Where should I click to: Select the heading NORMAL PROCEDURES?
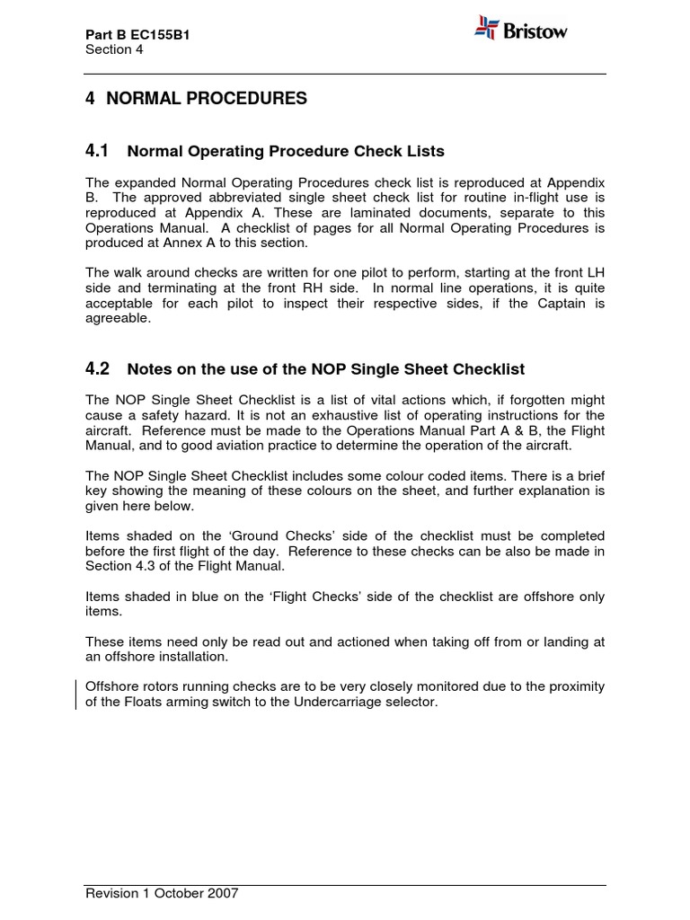click(x=207, y=99)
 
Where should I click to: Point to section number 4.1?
click(x=97, y=150)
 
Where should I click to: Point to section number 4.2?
click(x=97, y=368)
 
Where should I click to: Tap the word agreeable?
click(x=119, y=319)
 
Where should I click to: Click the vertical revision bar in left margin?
click(x=76, y=694)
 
